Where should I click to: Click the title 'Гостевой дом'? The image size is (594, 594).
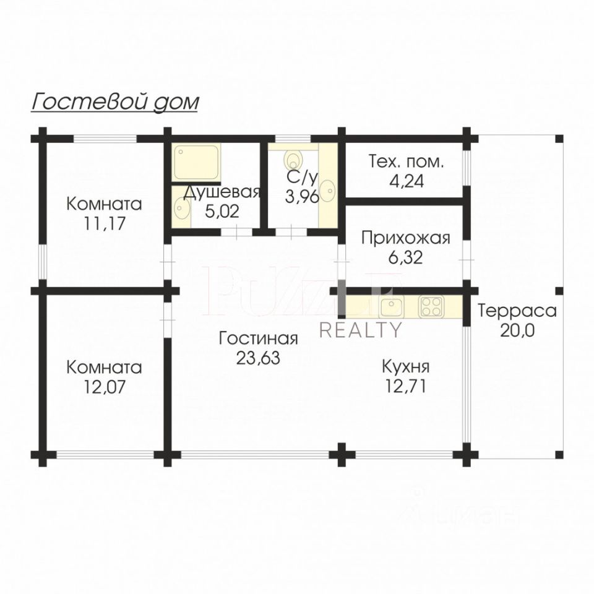point(115,101)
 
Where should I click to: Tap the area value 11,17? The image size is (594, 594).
point(104,223)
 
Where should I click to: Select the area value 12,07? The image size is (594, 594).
point(104,387)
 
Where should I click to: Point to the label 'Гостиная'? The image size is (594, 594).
point(259,338)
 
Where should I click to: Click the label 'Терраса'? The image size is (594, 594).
point(517,311)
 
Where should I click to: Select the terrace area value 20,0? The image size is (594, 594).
point(517,330)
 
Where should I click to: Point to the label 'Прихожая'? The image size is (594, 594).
point(406,238)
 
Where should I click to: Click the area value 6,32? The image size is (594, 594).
point(406,257)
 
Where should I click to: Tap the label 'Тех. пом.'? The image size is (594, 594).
point(406,162)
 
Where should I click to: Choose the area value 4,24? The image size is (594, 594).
point(406,182)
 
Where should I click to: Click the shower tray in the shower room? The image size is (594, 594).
point(196,161)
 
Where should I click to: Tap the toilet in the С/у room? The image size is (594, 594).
point(293,159)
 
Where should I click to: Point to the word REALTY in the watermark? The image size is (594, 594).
point(360,330)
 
